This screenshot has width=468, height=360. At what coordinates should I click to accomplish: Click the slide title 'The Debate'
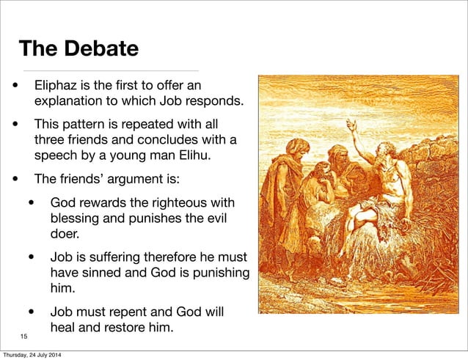78,49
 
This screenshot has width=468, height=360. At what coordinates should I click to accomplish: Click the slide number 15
24,336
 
